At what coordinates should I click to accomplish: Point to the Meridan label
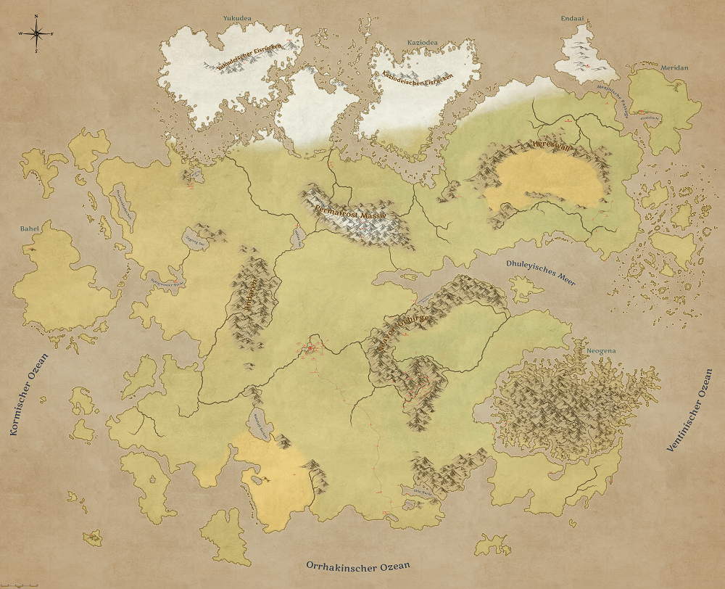click(x=674, y=67)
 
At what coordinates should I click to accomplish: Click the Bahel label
click(x=30, y=228)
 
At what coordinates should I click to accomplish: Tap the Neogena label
click(x=601, y=351)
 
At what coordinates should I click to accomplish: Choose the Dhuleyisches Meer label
click(x=540, y=273)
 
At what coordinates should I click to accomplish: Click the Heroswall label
click(x=553, y=146)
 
